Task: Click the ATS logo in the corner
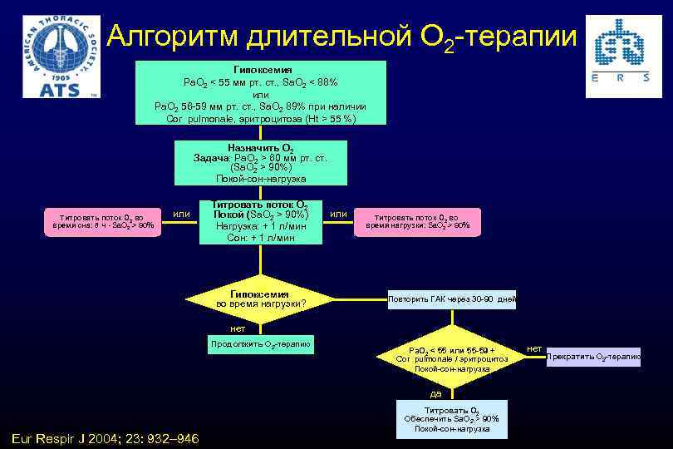click(61, 56)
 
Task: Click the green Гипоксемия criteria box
click(261, 92)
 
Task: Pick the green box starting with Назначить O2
click(261, 162)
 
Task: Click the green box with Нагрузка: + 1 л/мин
click(261, 222)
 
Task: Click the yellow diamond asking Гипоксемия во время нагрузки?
click(261, 299)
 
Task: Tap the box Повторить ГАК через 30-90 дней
click(451, 299)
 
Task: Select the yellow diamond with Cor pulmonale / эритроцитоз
click(451, 358)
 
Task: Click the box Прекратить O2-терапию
click(593, 357)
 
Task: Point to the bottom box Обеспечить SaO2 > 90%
click(451, 420)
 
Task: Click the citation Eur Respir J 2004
click(105, 438)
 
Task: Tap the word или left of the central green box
click(181, 215)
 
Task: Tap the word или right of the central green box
click(339, 215)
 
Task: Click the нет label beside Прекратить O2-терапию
click(534, 348)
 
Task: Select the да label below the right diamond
click(435, 393)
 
